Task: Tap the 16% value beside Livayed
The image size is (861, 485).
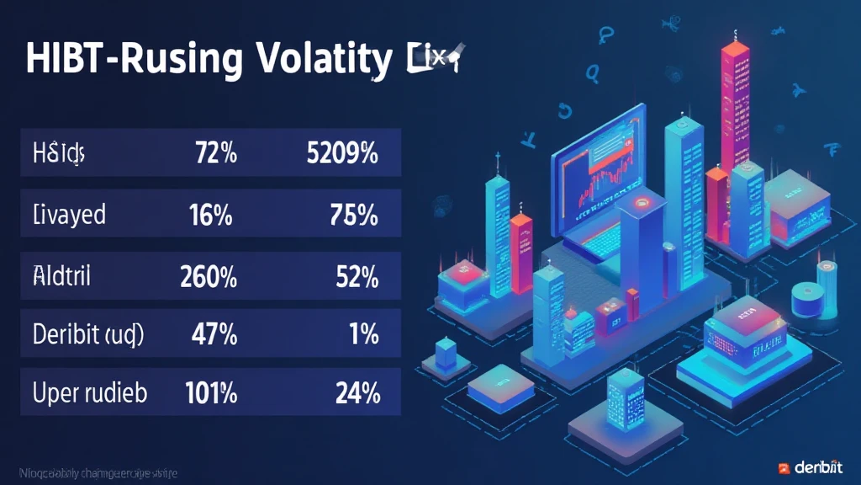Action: click(x=211, y=215)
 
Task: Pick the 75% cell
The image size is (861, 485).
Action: click(x=354, y=215)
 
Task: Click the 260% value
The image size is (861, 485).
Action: click(x=208, y=275)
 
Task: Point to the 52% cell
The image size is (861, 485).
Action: click(x=356, y=275)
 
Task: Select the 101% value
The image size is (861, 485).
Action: click(x=208, y=393)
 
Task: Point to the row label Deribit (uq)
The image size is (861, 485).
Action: click(x=88, y=335)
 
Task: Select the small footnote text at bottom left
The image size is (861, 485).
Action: click(x=93, y=474)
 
